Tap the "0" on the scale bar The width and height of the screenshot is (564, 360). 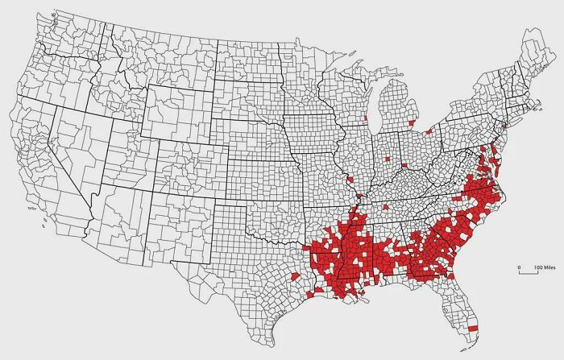point(519,267)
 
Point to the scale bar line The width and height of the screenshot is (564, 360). point(529,273)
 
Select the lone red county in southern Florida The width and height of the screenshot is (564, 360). point(473,328)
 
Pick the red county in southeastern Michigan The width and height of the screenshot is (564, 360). point(413,123)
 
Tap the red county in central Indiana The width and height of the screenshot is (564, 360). point(387,159)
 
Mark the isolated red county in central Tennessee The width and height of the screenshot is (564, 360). point(386,207)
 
